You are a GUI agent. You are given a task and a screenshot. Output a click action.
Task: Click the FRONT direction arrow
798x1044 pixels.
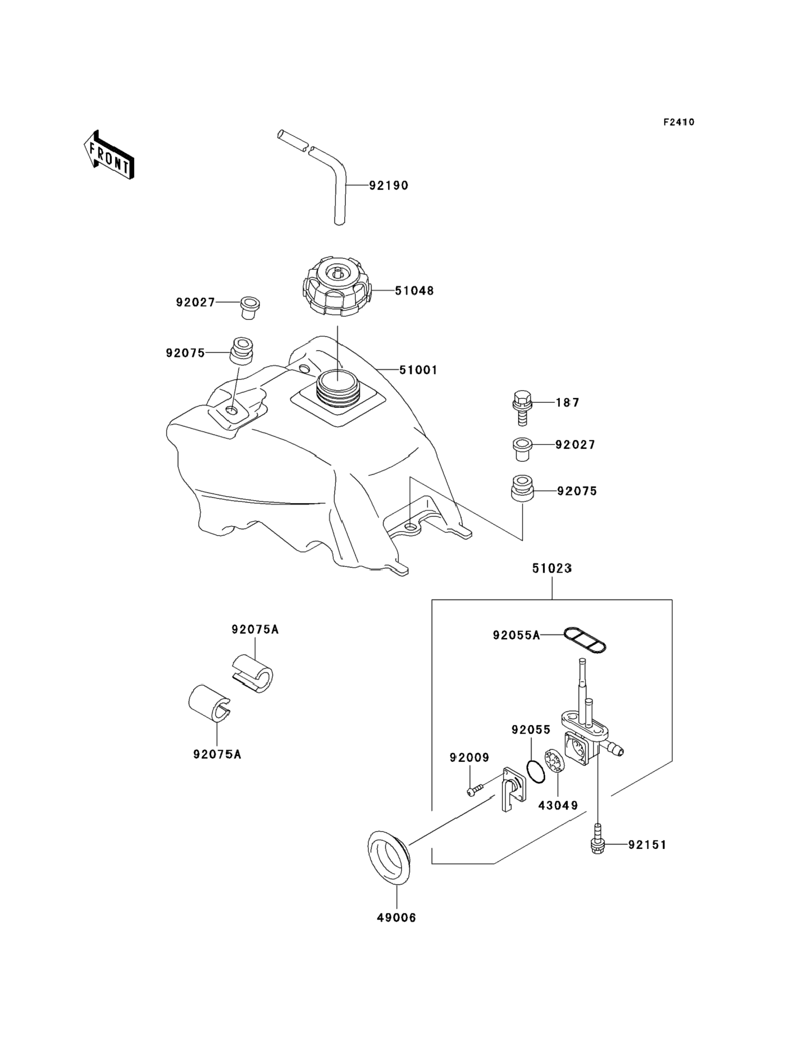(109, 155)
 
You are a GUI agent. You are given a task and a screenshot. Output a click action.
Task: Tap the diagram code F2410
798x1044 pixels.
(679, 122)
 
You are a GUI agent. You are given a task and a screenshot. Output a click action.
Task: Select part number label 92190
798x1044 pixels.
(388, 186)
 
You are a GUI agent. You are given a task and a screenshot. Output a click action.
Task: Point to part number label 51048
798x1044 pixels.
(414, 291)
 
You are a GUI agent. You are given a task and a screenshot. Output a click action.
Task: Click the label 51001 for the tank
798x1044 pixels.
(418, 370)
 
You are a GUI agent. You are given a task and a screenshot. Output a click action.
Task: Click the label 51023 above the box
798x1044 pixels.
(552, 568)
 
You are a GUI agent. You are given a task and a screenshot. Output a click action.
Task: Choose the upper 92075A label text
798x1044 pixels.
(255, 630)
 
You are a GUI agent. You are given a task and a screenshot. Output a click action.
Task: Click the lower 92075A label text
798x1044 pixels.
(217, 754)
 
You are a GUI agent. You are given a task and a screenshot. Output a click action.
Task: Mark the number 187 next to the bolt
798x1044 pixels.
(568, 403)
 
